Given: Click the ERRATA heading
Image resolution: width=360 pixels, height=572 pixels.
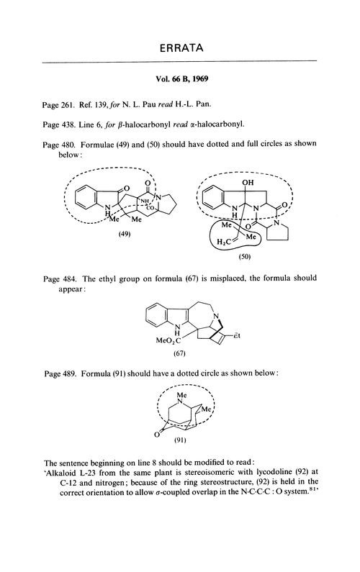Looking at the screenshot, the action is (181, 47).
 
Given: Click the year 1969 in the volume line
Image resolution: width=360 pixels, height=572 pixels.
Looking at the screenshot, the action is (200, 79).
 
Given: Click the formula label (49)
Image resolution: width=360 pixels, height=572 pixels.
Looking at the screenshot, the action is (125, 234).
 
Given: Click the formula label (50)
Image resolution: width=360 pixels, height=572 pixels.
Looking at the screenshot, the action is (244, 256).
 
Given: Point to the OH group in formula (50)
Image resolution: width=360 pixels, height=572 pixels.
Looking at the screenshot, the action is (248, 183).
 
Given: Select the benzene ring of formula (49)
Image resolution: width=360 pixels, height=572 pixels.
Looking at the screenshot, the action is (86, 198).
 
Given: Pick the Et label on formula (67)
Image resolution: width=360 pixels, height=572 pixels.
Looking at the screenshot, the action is (237, 335).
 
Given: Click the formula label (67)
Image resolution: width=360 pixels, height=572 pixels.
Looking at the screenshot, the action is (179, 353).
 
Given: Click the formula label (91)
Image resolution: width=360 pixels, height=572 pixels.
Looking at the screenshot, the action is (179, 440).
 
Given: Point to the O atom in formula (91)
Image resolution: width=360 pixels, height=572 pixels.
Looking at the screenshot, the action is (156, 434).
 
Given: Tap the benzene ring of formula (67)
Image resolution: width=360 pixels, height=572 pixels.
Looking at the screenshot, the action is (157, 314).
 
